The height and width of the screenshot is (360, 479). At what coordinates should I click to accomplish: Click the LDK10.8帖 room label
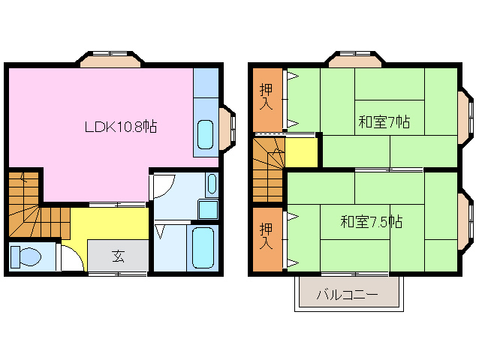[x=120, y=127]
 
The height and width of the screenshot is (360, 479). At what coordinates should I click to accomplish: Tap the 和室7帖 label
[x=383, y=121]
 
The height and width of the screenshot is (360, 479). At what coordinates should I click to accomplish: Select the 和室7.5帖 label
[x=371, y=222]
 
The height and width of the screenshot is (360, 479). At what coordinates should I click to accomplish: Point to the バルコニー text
[x=347, y=295]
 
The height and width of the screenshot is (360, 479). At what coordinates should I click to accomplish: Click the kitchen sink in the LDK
[x=205, y=133]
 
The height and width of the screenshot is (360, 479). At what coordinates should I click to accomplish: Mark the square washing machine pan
[x=208, y=209]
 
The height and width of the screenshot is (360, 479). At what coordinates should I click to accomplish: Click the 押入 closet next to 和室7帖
[x=267, y=98]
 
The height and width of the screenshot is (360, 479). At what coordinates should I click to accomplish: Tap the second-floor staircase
[x=268, y=168]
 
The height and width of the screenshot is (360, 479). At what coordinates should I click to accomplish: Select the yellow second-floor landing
[x=301, y=152]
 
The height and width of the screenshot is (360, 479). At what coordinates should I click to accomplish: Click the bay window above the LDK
[x=111, y=58]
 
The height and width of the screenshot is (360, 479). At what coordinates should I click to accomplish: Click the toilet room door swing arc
[x=73, y=259]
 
